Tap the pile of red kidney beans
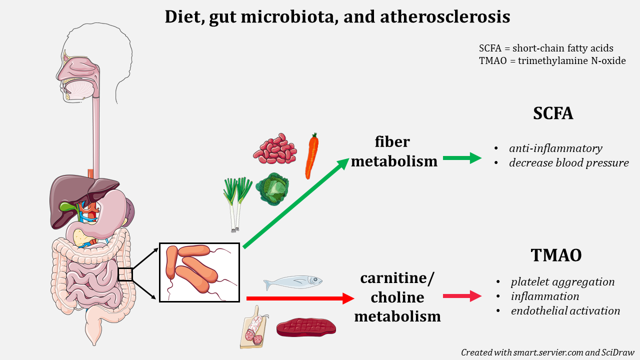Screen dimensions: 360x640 pos(274,148)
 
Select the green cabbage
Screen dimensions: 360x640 pos(272,189)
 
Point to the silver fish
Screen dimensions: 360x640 pos(292,282)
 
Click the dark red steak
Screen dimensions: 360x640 pos(306,327)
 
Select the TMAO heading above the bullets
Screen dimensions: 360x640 pos(556,255)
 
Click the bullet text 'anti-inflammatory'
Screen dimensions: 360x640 pos(555,148)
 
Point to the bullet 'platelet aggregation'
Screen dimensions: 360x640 pos(562,282)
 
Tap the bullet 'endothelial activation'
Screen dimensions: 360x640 pos(565,311)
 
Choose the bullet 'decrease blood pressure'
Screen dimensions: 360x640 pos(568,163)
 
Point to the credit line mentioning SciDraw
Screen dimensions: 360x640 pos(547,352)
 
